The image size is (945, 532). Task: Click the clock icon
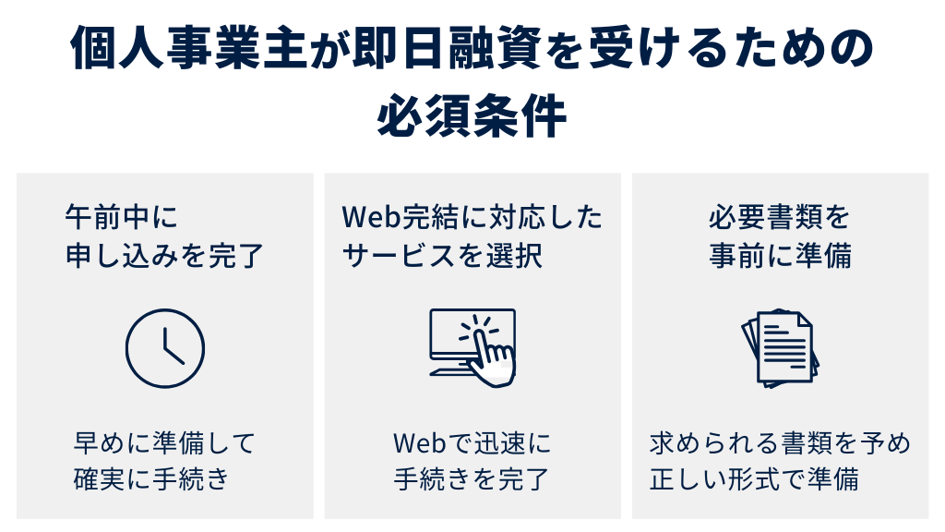(164, 348)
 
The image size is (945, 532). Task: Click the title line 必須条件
(472, 117)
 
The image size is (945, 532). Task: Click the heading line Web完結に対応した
(472, 218)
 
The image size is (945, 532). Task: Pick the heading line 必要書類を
(780, 218)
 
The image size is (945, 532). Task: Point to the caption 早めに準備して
(163, 443)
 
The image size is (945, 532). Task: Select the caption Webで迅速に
(472, 443)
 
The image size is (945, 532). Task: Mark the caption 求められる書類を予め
(780, 443)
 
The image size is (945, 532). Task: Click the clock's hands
(170, 349)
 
